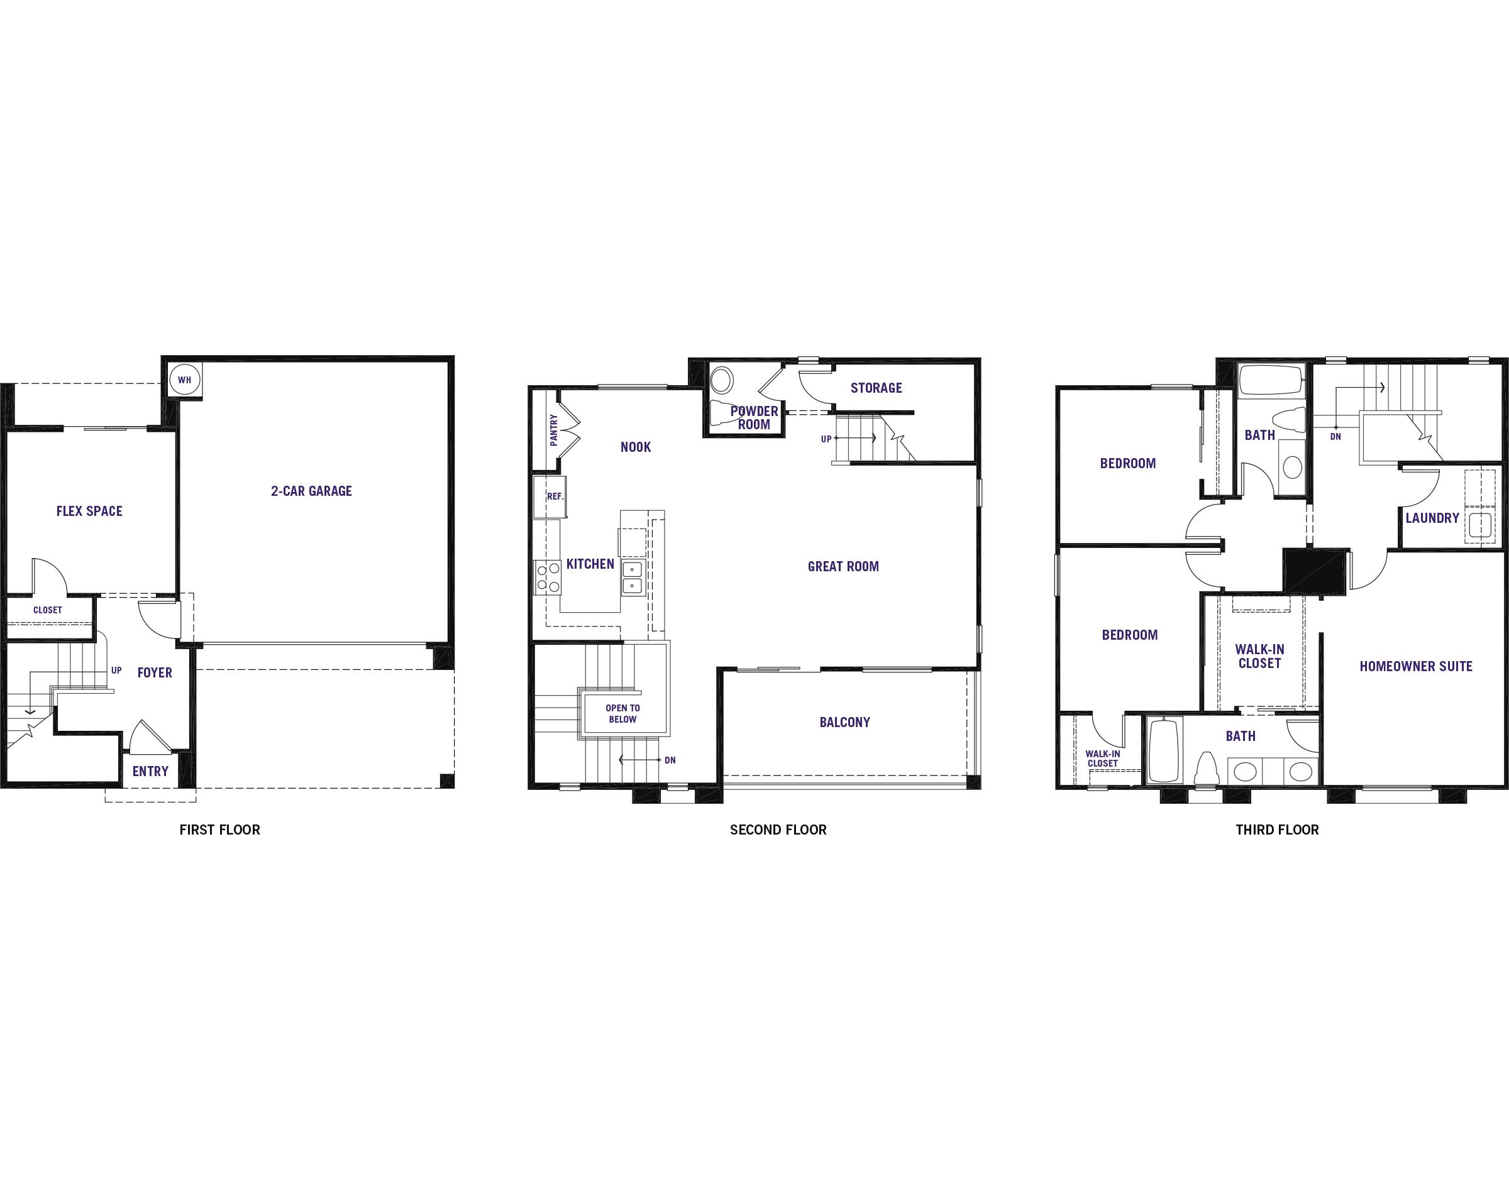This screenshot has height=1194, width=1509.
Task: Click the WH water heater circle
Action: tap(185, 380)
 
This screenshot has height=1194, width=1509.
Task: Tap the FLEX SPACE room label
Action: tap(89, 511)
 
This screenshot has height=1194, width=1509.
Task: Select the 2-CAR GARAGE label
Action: tap(311, 491)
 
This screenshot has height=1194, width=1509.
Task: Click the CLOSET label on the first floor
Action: tap(48, 610)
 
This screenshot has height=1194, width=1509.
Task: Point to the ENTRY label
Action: tap(150, 771)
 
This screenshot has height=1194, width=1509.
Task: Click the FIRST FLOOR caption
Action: tap(219, 830)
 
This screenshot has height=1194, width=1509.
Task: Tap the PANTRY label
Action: tap(554, 430)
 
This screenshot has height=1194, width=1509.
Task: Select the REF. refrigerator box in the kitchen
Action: tap(550, 497)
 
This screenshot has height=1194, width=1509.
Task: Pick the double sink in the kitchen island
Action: tap(632, 577)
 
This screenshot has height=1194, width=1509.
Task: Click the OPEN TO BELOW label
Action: tap(622, 714)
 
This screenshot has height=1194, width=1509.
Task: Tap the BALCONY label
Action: tap(844, 722)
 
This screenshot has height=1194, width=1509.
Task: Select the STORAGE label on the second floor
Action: tap(876, 388)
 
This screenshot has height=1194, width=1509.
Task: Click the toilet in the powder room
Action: tap(722, 412)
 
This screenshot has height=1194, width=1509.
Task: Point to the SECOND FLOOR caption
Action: tap(778, 830)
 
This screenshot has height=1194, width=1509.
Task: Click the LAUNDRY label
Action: tap(1432, 518)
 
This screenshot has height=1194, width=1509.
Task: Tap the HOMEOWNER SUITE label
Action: tap(1416, 666)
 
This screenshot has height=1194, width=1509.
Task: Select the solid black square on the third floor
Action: tap(1315, 572)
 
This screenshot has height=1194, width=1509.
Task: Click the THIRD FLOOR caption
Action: tap(1277, 830)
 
